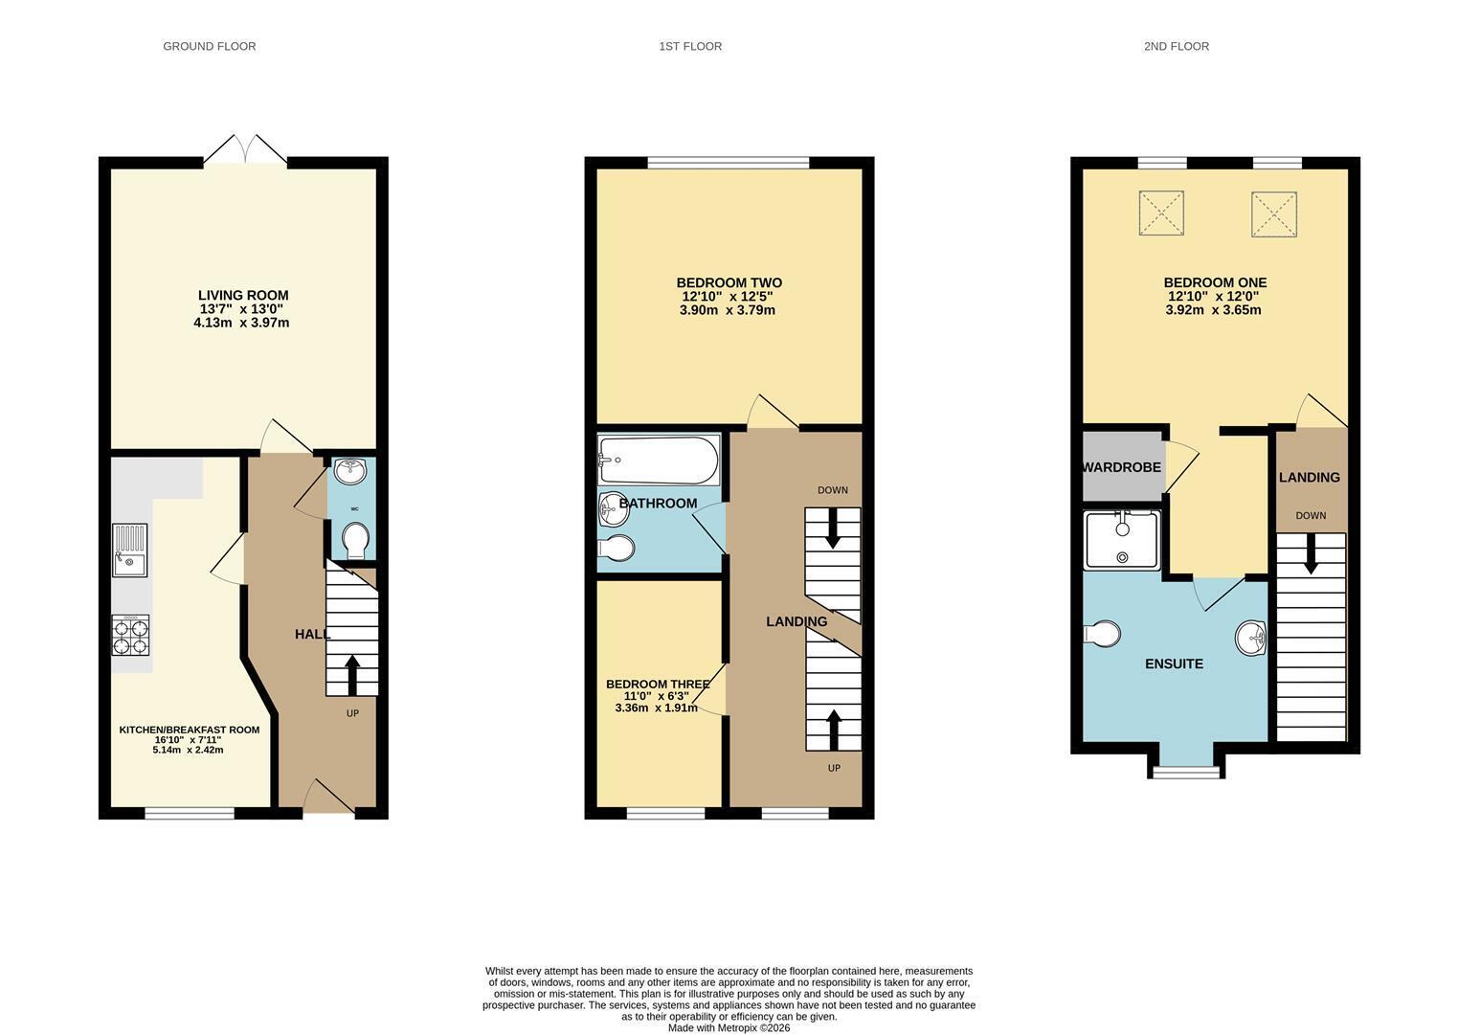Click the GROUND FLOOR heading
coord(209,46)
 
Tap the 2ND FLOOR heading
coord(1177,46)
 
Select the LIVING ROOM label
coord(243,295)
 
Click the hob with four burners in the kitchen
coord(130,634)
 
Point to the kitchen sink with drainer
coord(129,551)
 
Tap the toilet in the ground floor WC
coord(355,541)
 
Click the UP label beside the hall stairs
coord(352,713)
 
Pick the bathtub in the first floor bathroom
coord(659,460)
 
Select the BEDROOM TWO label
coord(729,282)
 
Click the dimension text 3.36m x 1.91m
coord(656,708)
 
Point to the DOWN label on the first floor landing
coord(833,490)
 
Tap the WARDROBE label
coord(1121,467)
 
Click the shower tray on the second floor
coord(1122,540)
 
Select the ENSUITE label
coord(1175,663)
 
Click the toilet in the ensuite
coord(1102,634)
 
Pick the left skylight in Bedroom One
coord(1161,213)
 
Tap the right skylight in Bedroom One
coord(1274,214)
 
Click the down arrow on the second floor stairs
coord(1311,553)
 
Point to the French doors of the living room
coord(245,149)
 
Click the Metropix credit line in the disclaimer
coord(729,1028)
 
